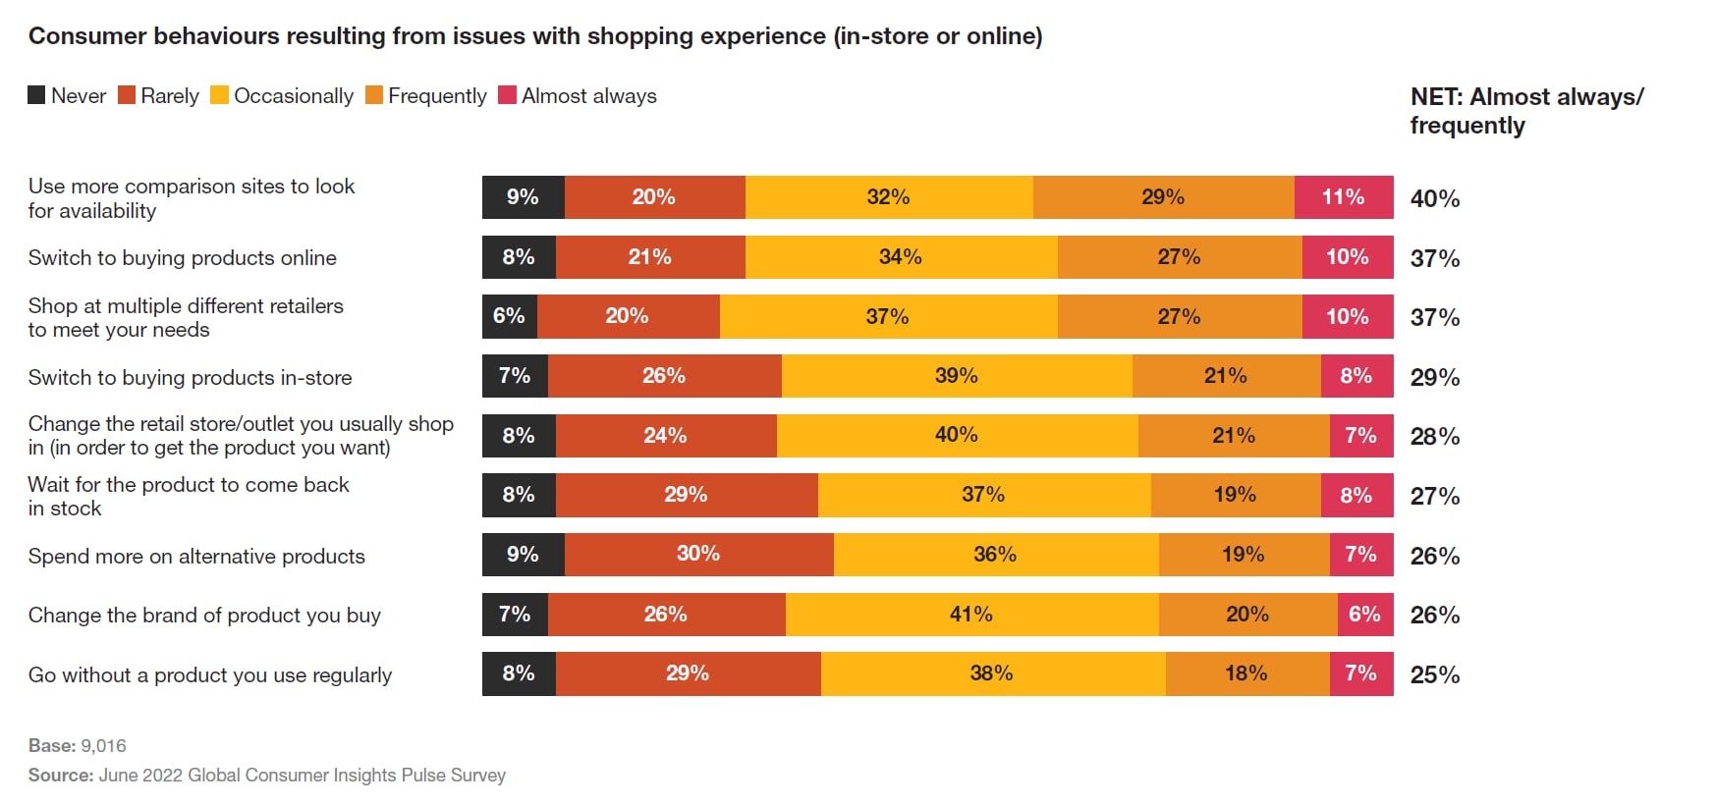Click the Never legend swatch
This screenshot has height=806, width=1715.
click(x=36, y=95)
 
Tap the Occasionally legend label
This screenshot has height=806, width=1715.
click(x=293, y=96)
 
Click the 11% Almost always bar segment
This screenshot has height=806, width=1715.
click(x=1343, y=197)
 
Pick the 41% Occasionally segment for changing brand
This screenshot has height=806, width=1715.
click(x=970, y=615)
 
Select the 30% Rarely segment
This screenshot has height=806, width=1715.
click(x=698, y=555)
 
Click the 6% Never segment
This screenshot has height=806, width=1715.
click(x=509, y=316)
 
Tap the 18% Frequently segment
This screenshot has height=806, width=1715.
click(x=1245, y=673)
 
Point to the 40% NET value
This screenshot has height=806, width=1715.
click(x=1434, y=199)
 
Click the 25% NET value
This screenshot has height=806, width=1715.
click(x=1434, y=675)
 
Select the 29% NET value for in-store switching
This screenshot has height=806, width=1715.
click(x=1434, y=378)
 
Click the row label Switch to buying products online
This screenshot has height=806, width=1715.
click(x=183, y=258)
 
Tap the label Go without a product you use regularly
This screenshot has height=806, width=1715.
click(x=210, y=675)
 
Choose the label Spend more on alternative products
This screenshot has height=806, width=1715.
click(x=196, y=557)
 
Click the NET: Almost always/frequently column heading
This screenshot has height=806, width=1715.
click(x=1525, y=111)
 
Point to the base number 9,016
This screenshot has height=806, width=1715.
click(x=103, y=746)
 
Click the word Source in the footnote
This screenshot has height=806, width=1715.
click(x=60, y=776)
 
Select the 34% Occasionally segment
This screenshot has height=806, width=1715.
click(x=900, y=257)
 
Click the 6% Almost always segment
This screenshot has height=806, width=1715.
click(x=1364, y=615)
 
